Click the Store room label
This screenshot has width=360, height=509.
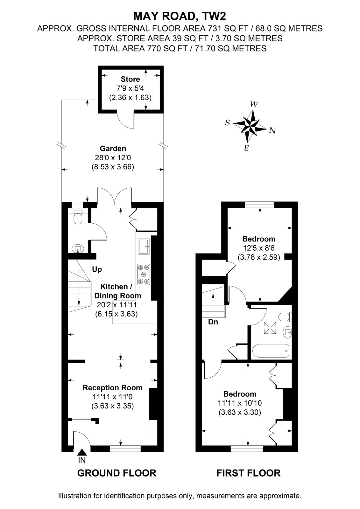point(130,79)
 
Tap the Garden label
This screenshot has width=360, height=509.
point(113,148)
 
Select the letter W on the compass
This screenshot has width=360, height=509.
point(254,104)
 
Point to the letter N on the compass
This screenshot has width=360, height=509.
point(272,130)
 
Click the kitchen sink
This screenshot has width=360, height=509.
point(144,246)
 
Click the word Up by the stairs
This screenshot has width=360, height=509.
point(97,269)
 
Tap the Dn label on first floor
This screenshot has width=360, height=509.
point(213,322)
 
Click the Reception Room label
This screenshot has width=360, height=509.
point(112,387)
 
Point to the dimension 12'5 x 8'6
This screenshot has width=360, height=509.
point(259,248)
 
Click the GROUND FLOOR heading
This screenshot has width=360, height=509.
point(117,473)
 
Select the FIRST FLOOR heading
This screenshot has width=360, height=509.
point(248,473)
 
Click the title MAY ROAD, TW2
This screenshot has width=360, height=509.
point(180,16)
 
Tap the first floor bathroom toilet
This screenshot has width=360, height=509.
point(285,317)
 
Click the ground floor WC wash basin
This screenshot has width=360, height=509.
point(78,249)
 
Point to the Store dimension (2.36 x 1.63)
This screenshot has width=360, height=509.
point(130,97)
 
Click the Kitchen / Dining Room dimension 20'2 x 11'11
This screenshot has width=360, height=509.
point(117,305)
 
